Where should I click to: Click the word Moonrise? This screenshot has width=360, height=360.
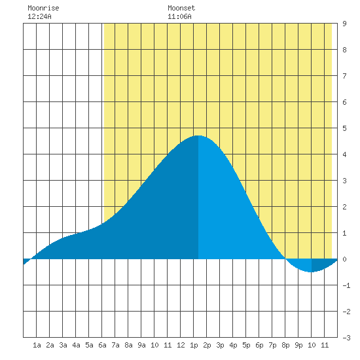(x=43, y=8)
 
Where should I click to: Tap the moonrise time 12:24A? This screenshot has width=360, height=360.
(x=39, y=16)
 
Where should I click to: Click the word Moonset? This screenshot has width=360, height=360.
(x=181, y=8)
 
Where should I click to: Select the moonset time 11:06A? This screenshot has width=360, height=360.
(x=179, y=16)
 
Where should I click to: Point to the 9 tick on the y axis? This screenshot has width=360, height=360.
(x=344, y=24)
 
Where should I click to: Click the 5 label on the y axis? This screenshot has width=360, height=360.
(x=344, y=128)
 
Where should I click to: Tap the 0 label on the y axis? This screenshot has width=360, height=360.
(x=344, y=259)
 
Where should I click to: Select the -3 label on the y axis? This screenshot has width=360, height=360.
(x=346, y=338)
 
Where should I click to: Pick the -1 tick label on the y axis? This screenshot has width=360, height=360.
(x=346, y=285)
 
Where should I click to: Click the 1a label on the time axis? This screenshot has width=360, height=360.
(x=37, y=345)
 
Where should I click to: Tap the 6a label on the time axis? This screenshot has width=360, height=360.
(x=102, y=345)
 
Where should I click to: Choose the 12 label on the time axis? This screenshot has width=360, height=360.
(x=181, y=345)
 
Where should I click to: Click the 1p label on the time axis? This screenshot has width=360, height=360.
(x=194, y=345)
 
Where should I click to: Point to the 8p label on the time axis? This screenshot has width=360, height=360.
(x=285, y=345)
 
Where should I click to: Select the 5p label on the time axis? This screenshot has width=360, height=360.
(x=246, y=345)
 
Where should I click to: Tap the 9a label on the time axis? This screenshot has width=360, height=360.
(x=141, y=345)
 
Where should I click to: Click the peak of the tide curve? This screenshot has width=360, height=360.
(x=198, y=135)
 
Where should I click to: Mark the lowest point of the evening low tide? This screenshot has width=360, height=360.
(x=311, y=272)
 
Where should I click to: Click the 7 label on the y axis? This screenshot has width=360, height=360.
(x=344, y=76)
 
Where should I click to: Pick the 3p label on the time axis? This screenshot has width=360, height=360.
(x=220, y=345)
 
